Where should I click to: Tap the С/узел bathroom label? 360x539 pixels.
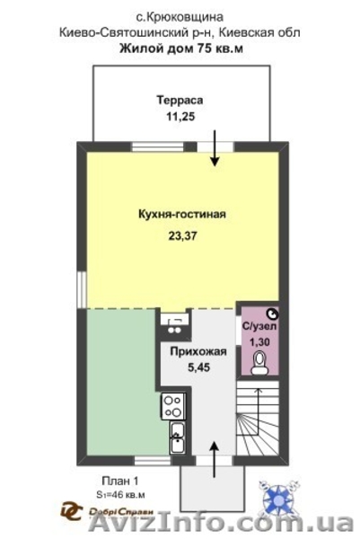point(259,327)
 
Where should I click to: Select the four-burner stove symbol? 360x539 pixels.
point(172,405)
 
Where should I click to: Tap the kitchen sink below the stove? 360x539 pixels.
point(176,440)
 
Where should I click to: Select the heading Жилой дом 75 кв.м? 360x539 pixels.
point(180,49)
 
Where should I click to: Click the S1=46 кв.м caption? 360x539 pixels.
point(119,494)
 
